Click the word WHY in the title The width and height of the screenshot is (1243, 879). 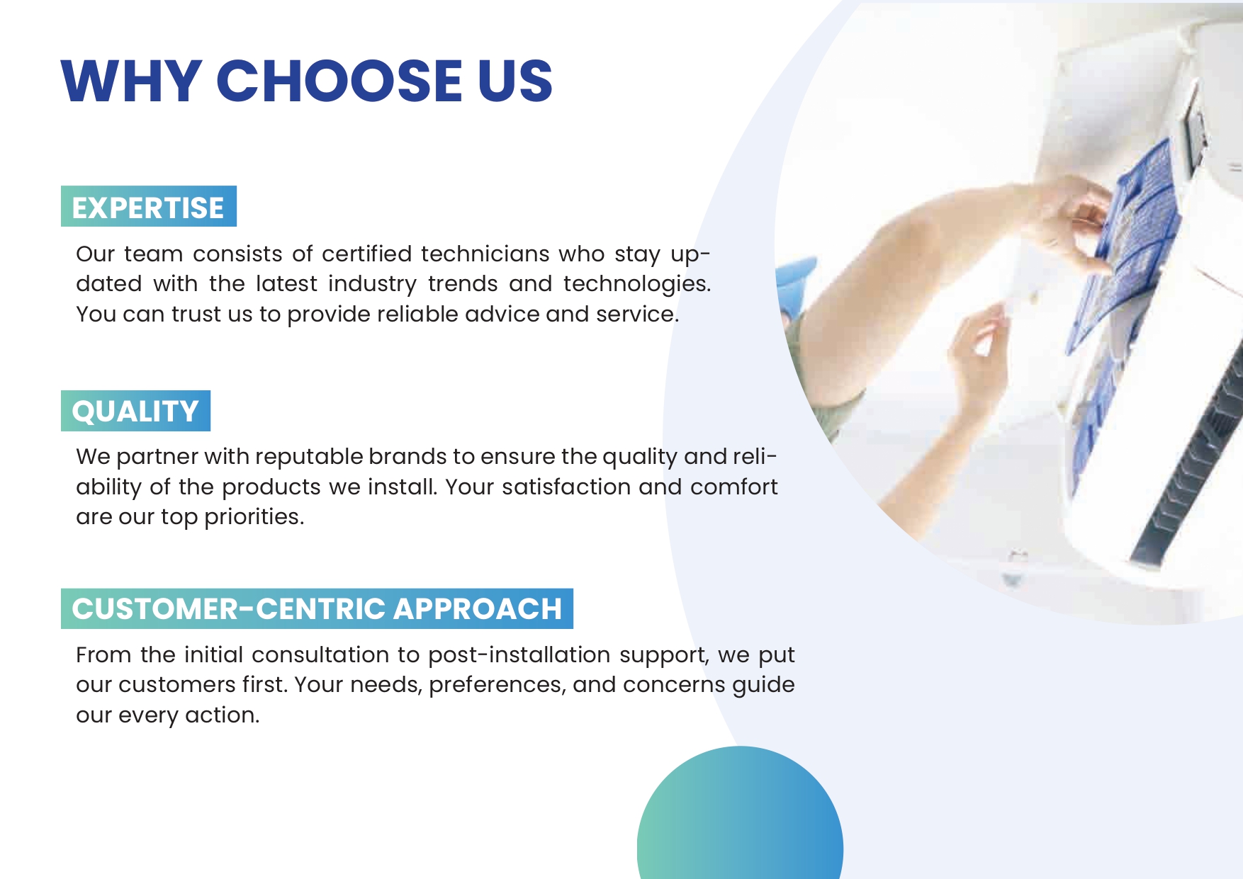click(x=132, y=81)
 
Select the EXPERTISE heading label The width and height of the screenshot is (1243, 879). click(x=148, y=207)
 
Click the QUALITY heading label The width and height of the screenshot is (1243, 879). click(x=135, y=411)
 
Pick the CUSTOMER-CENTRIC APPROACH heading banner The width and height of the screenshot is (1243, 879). click(x=317, y=608)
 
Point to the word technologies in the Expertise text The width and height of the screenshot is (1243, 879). click(x=636, y=284)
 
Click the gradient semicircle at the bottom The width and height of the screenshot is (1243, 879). click(x=740, y=822)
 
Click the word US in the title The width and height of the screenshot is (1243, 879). click(x=514, y=81)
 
